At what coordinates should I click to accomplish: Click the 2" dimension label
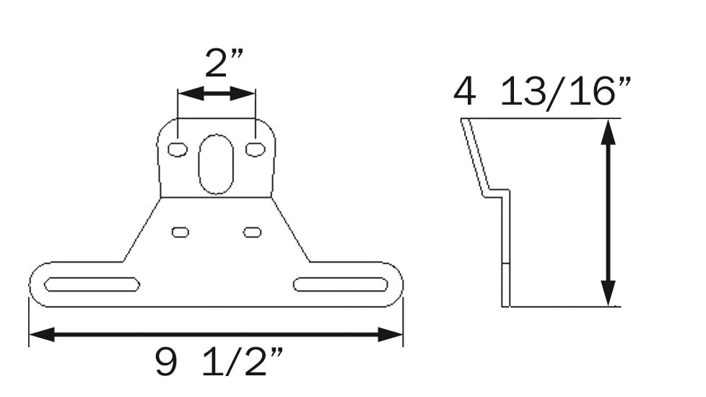click(x=216, y=63)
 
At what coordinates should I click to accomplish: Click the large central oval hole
click(x=216, y=164)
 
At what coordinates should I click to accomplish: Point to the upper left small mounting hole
click(x=177, y=149)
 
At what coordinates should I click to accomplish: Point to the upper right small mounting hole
click(x=255, y=149)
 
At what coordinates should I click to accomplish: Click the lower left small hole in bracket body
click(x=180, y=232)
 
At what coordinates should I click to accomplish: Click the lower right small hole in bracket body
click(x=252, y=232)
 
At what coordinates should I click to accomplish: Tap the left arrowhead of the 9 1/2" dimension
click(x=40, y=334)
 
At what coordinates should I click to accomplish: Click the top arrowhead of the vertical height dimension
click(x=609, y=131)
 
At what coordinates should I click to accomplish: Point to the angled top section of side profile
click(x=474, y=155)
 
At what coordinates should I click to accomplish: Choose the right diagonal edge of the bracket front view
click(x=291, y=230)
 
